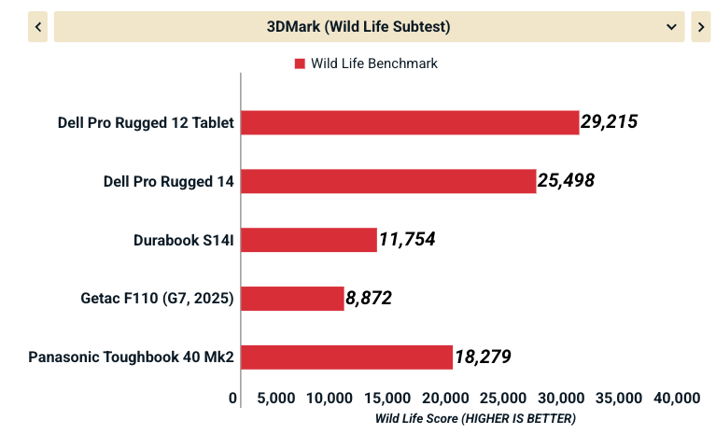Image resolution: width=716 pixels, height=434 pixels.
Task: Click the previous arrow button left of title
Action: [x=37, y=27]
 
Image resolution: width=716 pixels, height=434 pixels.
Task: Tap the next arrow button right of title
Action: [x=700, y=27]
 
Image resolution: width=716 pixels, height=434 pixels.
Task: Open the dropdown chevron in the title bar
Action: [x=671, y=27]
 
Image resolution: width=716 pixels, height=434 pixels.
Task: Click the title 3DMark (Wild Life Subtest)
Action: [x=358, y=27]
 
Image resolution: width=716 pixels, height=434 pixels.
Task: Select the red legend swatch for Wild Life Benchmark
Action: [x=300, y=63]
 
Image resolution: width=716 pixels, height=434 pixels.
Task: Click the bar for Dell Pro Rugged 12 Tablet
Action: [x=410, y=122]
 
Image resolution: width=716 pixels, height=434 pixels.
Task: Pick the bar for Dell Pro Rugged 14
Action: [x=388, y=181]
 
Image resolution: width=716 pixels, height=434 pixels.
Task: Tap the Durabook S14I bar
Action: [x=309, y=240]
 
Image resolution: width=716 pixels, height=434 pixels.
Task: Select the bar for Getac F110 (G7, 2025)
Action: [x=292, y=299]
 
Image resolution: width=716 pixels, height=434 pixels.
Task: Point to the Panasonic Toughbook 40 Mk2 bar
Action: [x=347, y=357]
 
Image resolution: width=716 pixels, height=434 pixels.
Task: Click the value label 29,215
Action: [x=609, y=122]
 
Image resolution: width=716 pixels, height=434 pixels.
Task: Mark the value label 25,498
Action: [x=566, y=181]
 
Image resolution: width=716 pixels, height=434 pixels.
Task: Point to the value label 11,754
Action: [x=407, y=240]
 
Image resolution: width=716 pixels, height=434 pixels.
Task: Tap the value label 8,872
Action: [x=369, y=299]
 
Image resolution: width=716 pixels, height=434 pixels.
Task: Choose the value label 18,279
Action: [x=483, y=357]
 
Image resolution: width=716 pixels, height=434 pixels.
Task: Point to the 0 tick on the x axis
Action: [x=233, y=399]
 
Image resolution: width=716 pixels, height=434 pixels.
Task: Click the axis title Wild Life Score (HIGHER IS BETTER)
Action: [x=475, y=419]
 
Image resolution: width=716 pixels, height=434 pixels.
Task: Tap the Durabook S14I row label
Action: [x=183, y=240]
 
